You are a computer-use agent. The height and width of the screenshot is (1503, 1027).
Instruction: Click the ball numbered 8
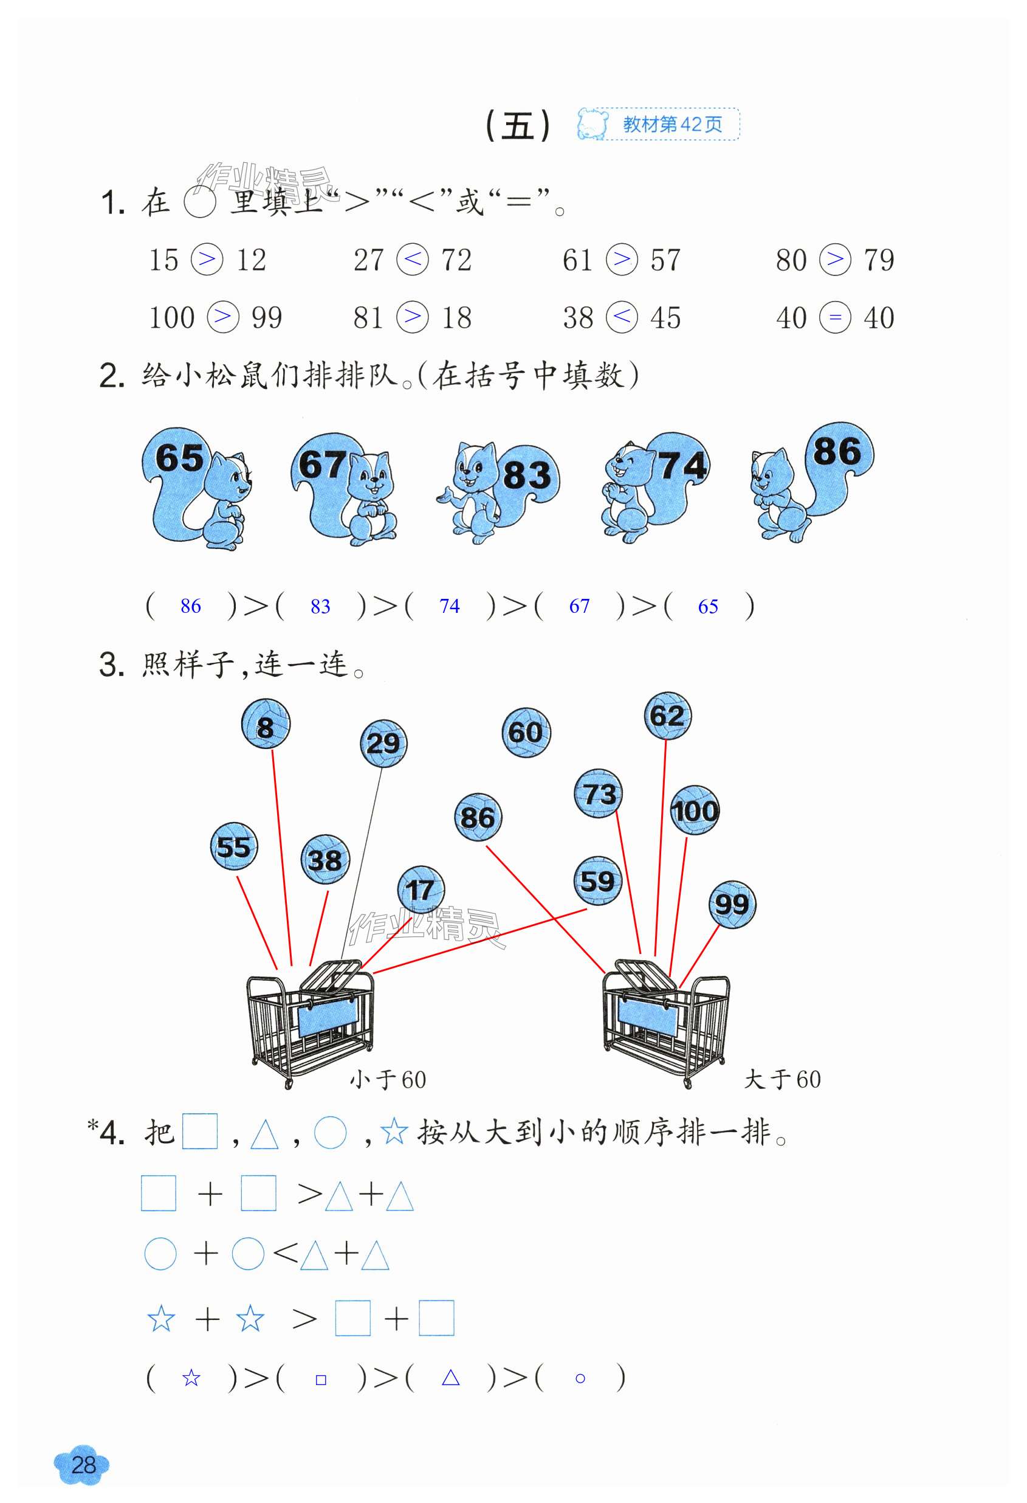tap(266, 724)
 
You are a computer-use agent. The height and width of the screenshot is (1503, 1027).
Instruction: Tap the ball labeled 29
tap(383, 744)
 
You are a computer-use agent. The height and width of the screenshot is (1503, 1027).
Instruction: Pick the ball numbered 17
tap(421, 890)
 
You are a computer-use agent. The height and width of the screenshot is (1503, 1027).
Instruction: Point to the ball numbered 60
tap(526, 732)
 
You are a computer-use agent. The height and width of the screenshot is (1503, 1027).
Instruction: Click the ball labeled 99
tap(732, 904)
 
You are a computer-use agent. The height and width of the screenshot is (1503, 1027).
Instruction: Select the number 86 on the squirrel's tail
tap(837, 451)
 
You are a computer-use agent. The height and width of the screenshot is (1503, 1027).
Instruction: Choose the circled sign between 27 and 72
tap(413, 260)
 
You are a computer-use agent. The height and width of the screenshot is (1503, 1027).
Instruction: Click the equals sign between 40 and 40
tap(835, 317)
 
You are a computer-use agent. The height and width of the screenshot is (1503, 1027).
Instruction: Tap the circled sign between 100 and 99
tap(223, 317)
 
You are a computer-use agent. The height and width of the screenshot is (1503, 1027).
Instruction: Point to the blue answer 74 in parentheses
tap(449, 606)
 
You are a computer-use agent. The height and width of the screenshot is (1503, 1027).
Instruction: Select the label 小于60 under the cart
tap(388, 1079)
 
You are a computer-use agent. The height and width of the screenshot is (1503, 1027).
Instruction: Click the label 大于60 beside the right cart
tap(782, 1079)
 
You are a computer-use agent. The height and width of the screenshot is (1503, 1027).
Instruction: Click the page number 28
tap(83, 1465)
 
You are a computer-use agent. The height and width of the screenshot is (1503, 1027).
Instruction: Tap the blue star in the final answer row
tap(191, 1378)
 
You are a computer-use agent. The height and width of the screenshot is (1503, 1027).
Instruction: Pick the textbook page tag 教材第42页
tap(672, 124)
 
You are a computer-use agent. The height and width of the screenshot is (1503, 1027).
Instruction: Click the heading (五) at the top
tap(517, 125)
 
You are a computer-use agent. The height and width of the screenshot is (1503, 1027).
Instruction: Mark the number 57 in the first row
tap(665, 260)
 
